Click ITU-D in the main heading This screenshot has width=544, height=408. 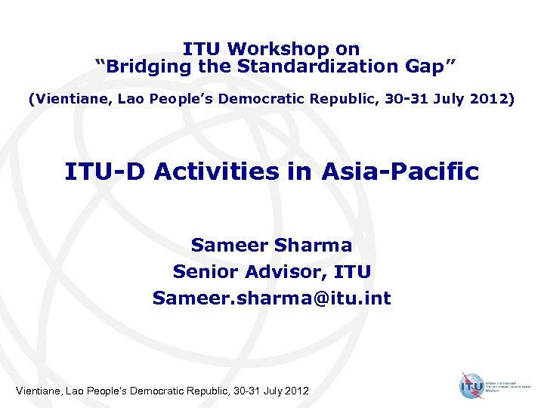[105, 172]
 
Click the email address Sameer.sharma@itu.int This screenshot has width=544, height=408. [272, 298]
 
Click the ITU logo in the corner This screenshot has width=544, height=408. [472, 385]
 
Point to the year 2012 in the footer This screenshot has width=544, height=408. [295, 391]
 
